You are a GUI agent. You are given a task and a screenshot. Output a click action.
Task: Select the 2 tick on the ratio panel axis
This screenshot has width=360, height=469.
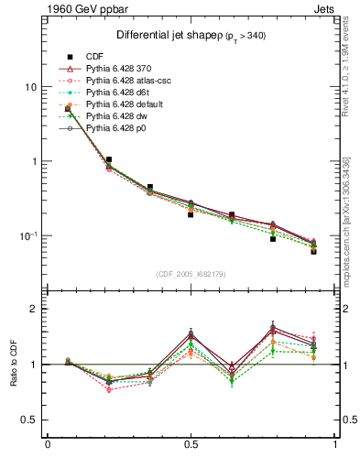(x=33, y=309)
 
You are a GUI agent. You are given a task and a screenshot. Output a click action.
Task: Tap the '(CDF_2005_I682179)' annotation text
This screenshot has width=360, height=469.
(x=190, y=274)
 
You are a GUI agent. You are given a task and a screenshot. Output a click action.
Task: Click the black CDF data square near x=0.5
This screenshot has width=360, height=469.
(x=191, y=214)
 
